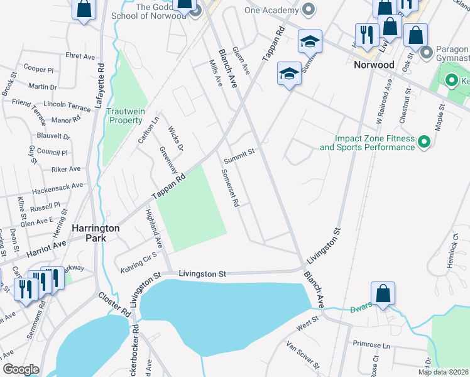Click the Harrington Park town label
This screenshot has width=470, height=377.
click(x=96, y=234)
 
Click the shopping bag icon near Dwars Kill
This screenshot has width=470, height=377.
click(x=383, y=293)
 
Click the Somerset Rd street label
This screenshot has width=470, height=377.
click(x=230, y=190)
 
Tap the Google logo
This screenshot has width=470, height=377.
click(x=21, y=369)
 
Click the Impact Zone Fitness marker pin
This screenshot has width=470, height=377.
click(x=424, y=143)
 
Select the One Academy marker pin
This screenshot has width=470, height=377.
click(x=308, y=11)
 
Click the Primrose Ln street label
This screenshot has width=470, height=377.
click(x=371, y=345)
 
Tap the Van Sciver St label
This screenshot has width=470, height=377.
click(x=303, y=356)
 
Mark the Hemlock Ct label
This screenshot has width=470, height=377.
click(x=456, y=244)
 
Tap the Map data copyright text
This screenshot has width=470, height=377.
click(x=443, y=372)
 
